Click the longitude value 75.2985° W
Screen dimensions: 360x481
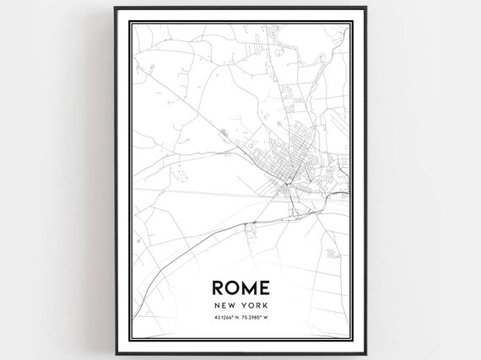click(x=256, y=318)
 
